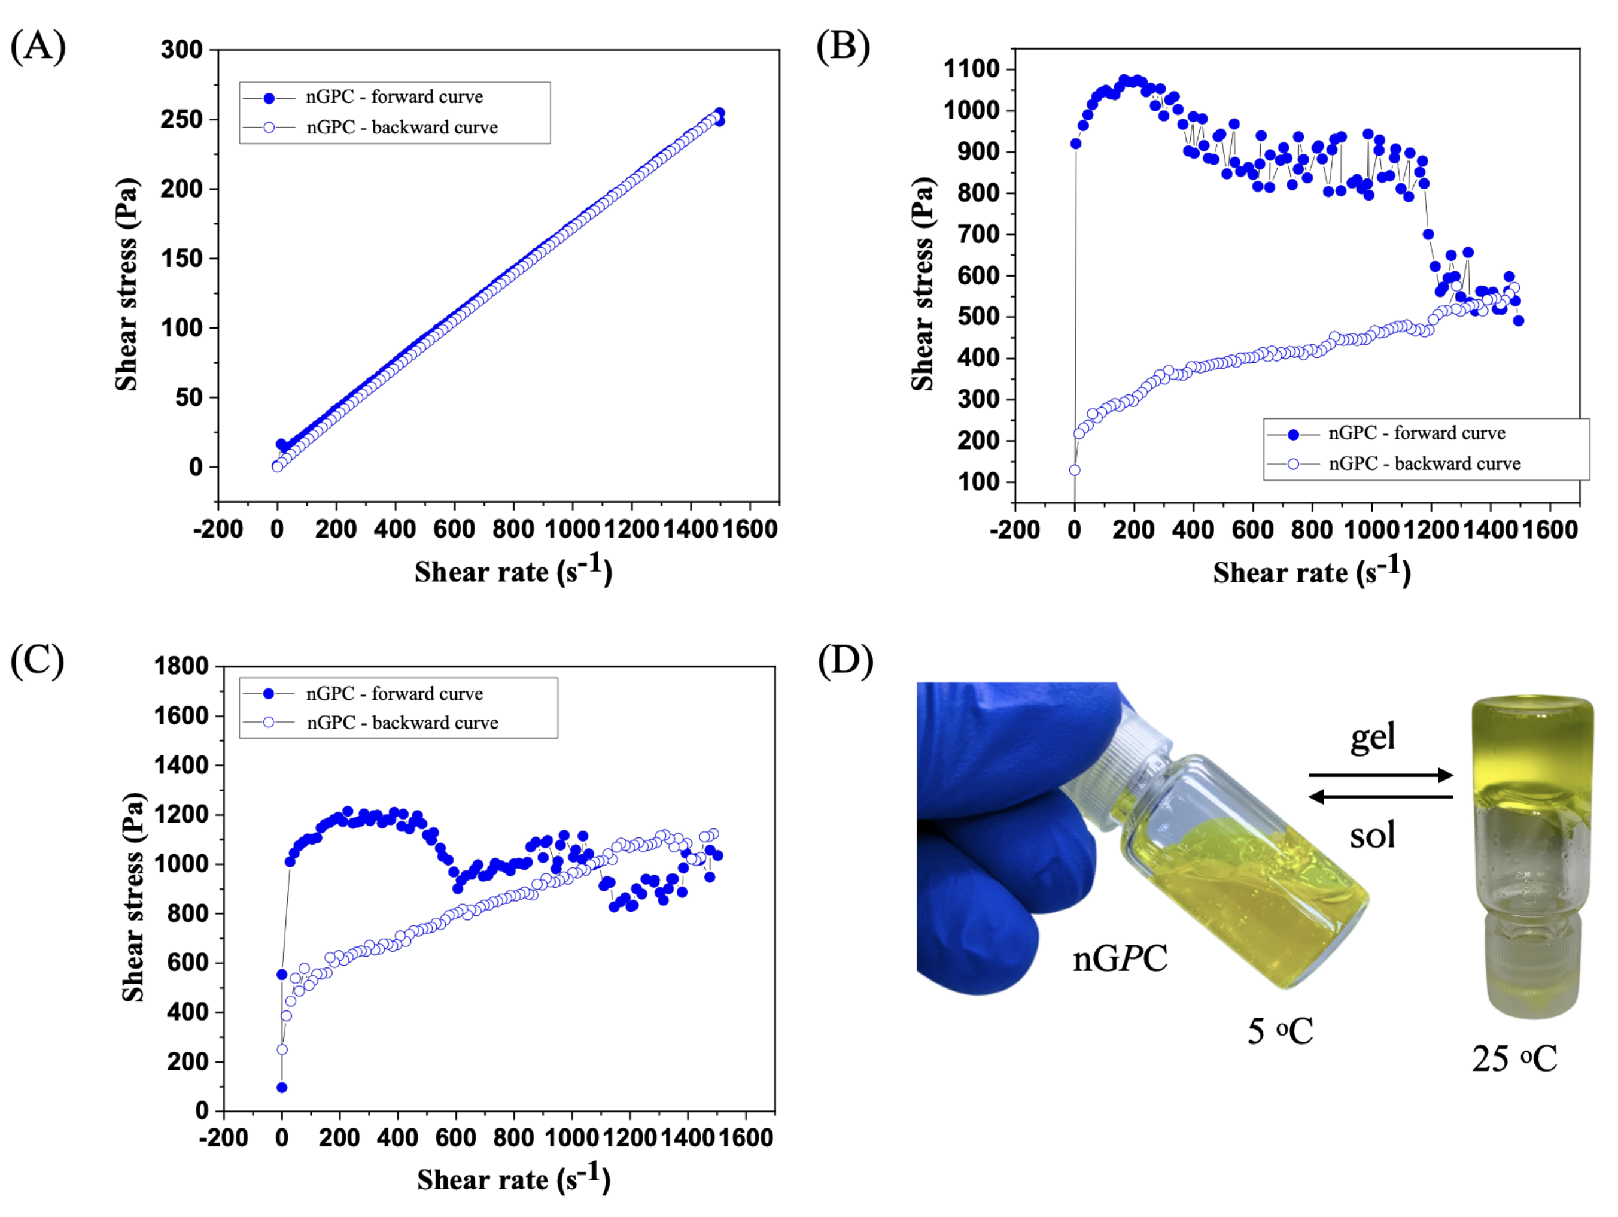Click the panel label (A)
coord(38,46)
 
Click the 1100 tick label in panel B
coord(971,69)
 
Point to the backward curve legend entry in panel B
coord(1424,464)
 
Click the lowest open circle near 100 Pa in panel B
coord(1075,470)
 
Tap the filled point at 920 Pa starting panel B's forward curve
coord(1076,144)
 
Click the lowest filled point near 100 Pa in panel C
coord(282,1088)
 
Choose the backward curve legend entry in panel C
coord(402,723)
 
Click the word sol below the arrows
coord(1372,835)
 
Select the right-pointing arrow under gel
coord(1380,775)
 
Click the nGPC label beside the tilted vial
coord(1119,958)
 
